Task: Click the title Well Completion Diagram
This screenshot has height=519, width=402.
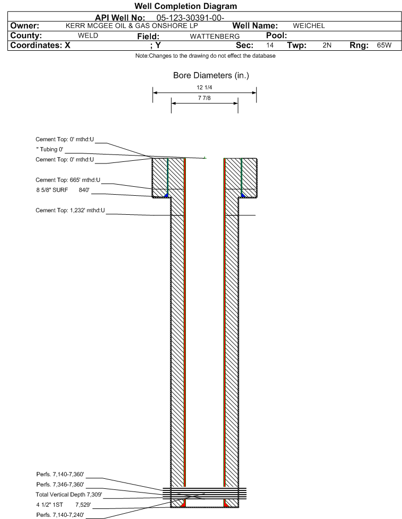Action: pos(185,6)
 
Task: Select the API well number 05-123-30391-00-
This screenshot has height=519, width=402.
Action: pos(190,18)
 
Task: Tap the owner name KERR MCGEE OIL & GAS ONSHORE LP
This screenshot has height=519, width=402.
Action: pos(131,26)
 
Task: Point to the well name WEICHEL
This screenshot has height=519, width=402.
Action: pos(309,26)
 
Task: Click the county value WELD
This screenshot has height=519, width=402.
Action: pos(88,35)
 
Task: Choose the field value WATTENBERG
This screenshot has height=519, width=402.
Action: pos(215,37)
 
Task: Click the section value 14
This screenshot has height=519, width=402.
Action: pos(270,45)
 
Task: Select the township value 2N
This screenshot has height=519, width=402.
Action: pos(327,45)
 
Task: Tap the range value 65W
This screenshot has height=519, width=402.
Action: pos(384,45)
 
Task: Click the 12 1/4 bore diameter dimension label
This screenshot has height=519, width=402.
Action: pos(204,87)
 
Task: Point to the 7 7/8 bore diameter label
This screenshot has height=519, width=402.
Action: pos(204,98)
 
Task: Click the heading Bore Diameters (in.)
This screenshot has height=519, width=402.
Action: pos(211,76)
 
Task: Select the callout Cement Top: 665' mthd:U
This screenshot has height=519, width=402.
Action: pos(68,180)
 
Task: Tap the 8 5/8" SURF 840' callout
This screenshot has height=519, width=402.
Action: pos(63,190)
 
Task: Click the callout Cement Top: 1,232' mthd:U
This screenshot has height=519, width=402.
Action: pos(70,211)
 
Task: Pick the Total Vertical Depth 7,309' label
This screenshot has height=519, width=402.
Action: pos(69,495)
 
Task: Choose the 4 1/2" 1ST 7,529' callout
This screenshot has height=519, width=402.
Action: pos(64,505)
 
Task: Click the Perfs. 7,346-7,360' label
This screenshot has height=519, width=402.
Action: pos(60,485)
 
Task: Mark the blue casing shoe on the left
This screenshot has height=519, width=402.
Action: pos(166,195)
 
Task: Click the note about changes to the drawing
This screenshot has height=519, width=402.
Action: pos(205,56)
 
